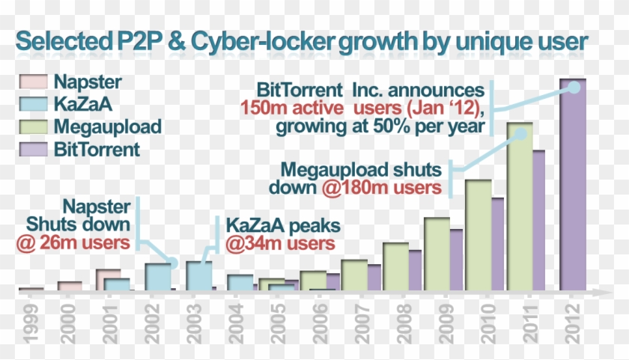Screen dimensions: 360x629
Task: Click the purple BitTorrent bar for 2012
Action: pos(573,187)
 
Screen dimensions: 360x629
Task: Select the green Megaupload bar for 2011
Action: pos(520,210)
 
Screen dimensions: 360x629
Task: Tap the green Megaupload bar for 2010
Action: pos(478,236)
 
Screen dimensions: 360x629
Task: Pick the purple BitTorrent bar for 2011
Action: pos(538,221)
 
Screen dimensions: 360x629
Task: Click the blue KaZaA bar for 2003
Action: pos(198,275)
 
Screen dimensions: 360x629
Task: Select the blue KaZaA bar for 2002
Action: pos(157,277)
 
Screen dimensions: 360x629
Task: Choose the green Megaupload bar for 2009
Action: pos(437,254)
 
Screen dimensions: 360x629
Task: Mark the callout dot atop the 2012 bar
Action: pos(574,87)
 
